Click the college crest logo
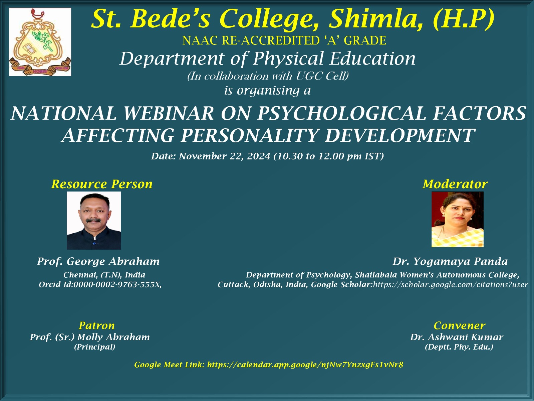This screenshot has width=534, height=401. (x=40, y=42)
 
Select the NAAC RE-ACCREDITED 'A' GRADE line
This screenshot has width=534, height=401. (x=284, y=40)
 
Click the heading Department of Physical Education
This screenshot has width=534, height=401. (x=268, y=59)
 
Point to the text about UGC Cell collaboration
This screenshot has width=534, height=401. (x=268, y=76)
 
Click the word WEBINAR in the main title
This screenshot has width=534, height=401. (x=168, y=113)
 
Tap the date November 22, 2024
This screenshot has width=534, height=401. (x=224, y=156)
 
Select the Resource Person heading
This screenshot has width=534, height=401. (x=102, y=184)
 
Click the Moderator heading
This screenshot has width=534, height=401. (x=455, y=184)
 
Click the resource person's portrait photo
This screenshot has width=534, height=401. (x=94, y=220)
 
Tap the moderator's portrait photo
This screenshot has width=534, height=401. (x=457, y=219)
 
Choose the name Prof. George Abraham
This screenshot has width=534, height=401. (x=98, y=261)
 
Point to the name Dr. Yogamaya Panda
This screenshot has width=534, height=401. (x=450, y=262)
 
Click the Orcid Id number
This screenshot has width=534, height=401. (x=117, y=284)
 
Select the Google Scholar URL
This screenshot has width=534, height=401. (x=451, y=284)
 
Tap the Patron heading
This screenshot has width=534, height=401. (x=96, y=325)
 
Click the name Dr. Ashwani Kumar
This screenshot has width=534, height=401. (x=457, y=337)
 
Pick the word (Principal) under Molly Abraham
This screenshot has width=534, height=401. (x=95, y=347)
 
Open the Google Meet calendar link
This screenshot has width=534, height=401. (x=305, y=365)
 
